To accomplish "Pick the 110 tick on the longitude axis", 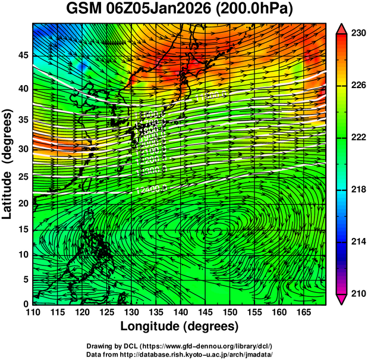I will pos(33,312).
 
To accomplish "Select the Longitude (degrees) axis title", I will pos(180,327).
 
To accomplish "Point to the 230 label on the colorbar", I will pos(358,34).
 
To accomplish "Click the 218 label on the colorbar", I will pos(358,189).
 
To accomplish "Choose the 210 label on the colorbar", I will pos(358,293).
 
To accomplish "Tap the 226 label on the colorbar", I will pos(358,86).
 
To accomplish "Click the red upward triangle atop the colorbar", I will pos(342,29).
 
